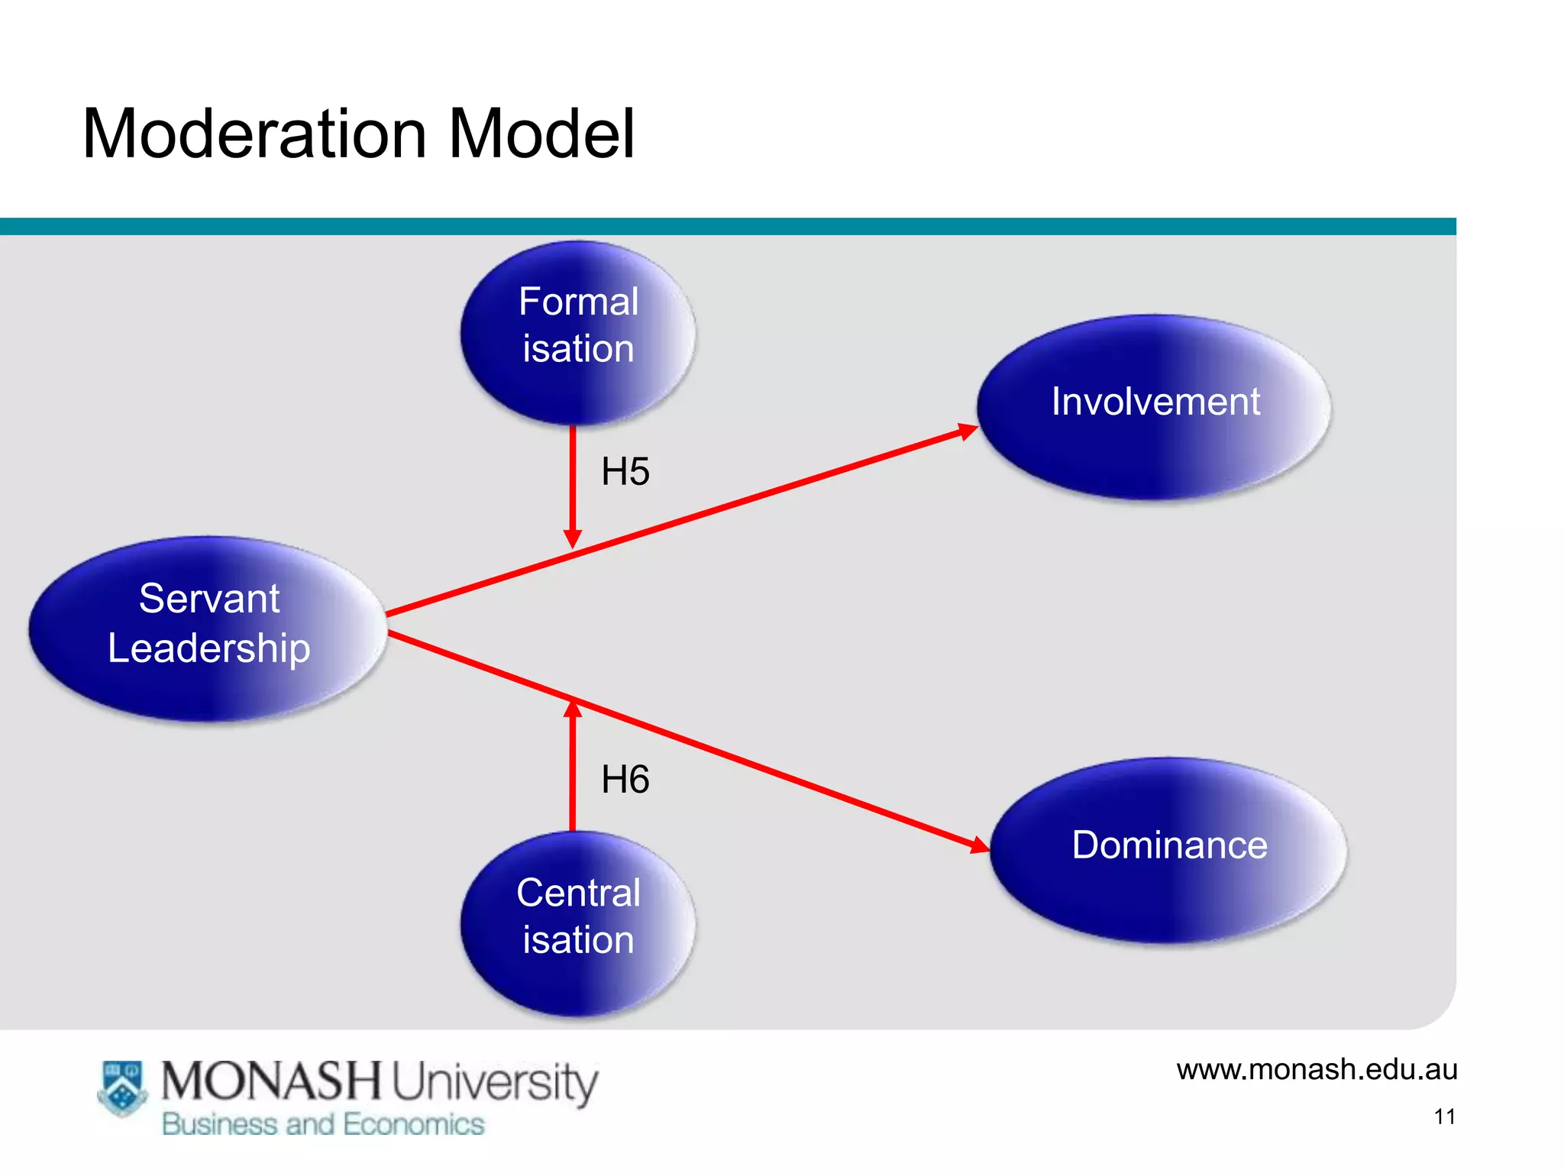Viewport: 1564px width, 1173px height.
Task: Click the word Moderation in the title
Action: tap(254, 134)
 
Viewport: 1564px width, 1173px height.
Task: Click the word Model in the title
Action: tap(541, 134)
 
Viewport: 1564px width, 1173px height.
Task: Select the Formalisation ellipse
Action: tap(578, 333)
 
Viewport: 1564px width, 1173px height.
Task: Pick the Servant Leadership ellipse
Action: tap(208, 628)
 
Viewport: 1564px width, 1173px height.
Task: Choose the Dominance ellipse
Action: tap(1168, 849)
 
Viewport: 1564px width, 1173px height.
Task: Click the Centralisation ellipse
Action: tap(578, 923)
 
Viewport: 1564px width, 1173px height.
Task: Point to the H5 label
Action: tap(625, 471)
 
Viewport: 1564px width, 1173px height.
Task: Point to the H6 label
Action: tap(625, 780)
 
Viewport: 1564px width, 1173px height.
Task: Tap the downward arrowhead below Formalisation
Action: tap(573, 538)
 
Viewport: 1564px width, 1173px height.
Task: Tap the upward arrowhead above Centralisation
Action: tap(573, 710)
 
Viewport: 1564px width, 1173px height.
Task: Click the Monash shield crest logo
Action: tap(122, 1087)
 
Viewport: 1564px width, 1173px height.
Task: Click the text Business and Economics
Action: tap(323, 1124)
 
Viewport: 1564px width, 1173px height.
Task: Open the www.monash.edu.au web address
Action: tap(1316, 1069)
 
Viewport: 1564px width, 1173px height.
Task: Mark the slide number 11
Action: tap(1444, 1116)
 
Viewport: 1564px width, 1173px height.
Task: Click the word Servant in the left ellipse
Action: tap(209, 598)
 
